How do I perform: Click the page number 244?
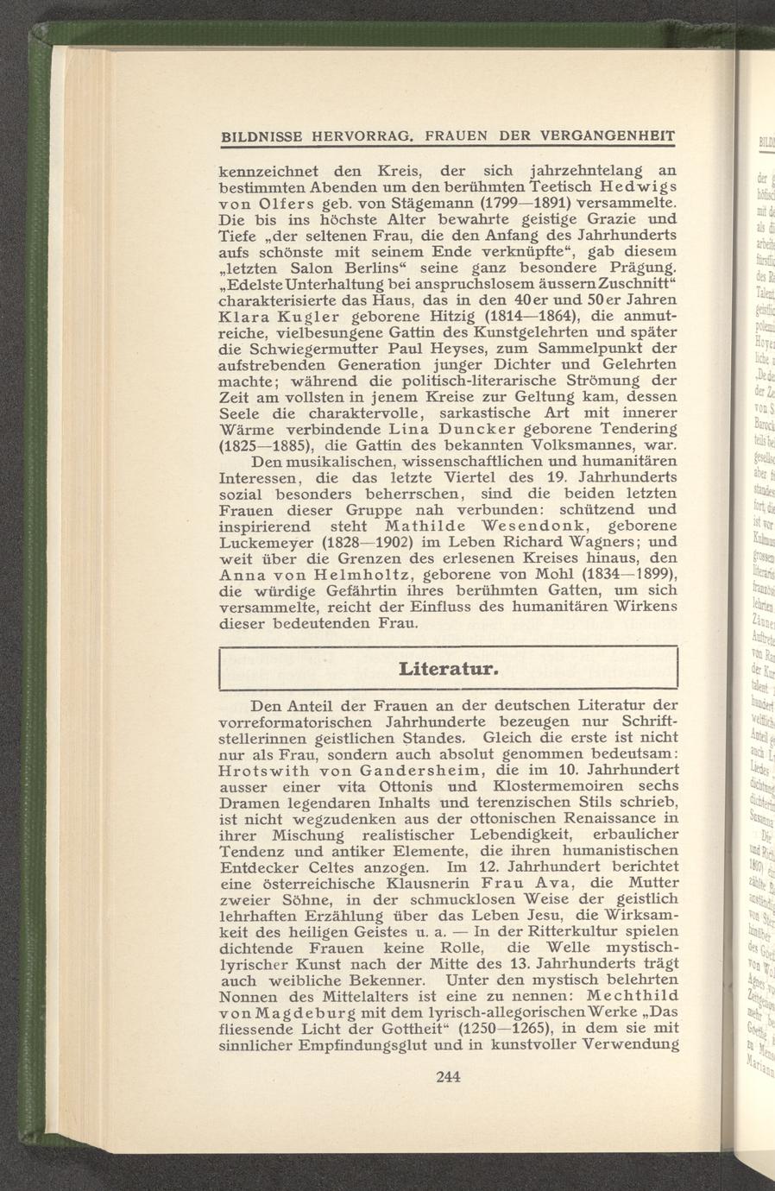click(448, 1076)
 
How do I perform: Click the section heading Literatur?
click(448, 669)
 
